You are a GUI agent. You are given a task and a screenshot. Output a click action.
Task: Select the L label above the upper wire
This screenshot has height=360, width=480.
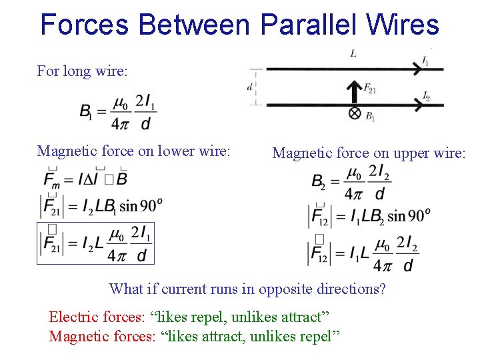click(353, 53)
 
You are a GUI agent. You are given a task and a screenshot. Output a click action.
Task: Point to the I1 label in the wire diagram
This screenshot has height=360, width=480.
click(425, 61)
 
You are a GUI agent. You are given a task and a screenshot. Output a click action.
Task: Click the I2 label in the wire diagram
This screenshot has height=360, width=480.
click(426, 97)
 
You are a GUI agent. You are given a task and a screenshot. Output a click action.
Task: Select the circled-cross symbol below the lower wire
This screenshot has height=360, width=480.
click(355, 113)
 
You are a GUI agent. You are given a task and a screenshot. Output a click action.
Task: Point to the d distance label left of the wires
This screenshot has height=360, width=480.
click(250, 86)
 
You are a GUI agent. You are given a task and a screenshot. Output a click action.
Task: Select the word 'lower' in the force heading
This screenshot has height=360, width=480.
click(173, 151)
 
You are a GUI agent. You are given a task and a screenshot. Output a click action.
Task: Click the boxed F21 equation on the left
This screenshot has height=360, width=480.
click(95, 243)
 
